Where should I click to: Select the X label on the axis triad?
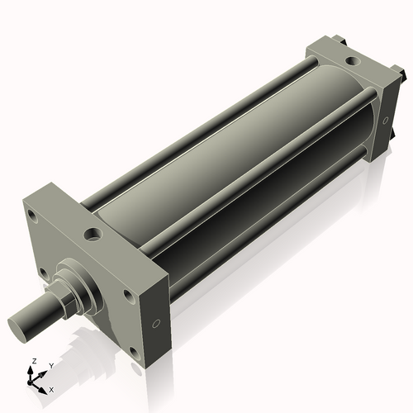51,388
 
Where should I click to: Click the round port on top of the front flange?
93,234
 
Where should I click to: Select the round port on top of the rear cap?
353,60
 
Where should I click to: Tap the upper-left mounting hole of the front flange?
32,216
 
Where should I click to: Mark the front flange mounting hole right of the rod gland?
128,293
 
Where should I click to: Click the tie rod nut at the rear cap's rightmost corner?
399,75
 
